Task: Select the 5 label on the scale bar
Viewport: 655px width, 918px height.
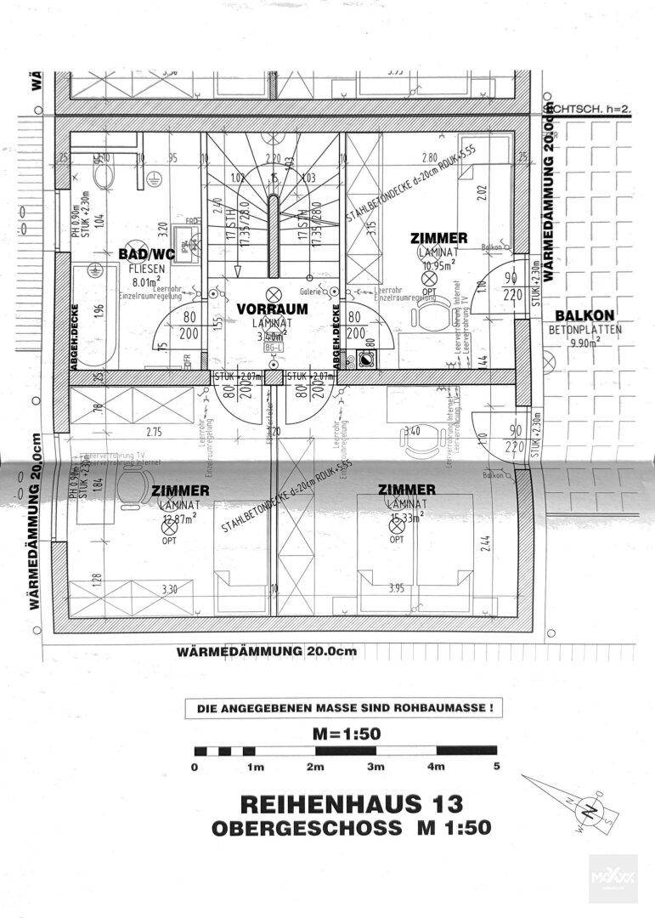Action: (496, 768)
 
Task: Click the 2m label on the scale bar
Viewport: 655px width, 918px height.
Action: (315, 768)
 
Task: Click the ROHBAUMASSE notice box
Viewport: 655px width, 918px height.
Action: (344, 707)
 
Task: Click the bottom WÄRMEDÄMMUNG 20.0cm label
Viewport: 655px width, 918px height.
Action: (267, 651)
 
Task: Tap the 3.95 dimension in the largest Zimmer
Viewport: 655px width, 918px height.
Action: (395, 587)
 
